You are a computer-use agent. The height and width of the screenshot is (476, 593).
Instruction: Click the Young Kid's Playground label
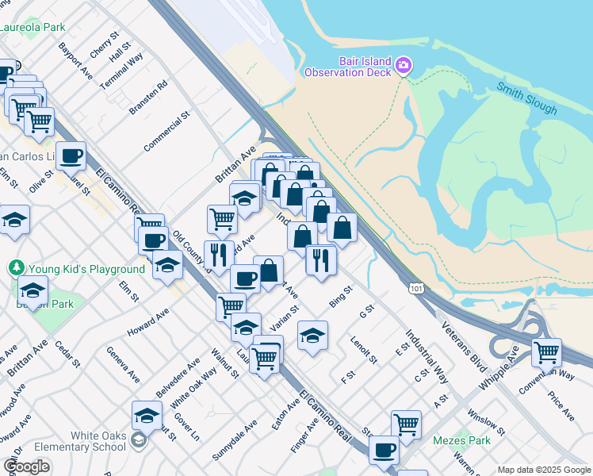click(x=86, y=269)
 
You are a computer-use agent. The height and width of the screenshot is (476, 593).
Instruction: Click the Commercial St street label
click(x=167, y=132)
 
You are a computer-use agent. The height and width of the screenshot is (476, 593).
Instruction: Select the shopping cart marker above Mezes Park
click(x=406, y=422)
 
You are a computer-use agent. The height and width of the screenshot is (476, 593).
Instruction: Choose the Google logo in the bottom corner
click(x=26, y=466)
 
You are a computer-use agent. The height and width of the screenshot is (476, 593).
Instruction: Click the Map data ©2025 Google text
click(x=544, y=470)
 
